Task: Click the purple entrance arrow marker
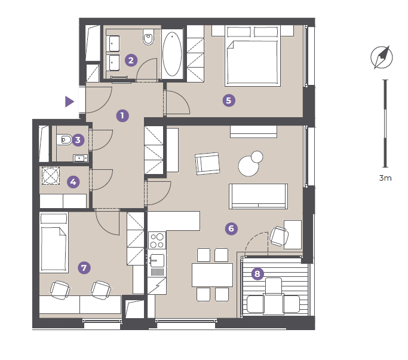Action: click(x=69, y=102)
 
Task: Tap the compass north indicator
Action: click(x=382, y=57)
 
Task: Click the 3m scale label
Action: click(x=385, y=178)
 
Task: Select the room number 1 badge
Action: click(x=122, y=115)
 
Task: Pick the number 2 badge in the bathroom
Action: click(x=131, y=60)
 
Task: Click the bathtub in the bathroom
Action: click(x=172, y=54)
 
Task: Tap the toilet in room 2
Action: click(x=148, y=37)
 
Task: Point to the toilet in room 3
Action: click(x=64, y=140)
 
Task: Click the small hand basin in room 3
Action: click(x=81, y=158)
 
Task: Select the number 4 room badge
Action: click(x=73, y=182)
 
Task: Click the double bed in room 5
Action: click(x=253, y=56)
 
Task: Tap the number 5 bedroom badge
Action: click(x=229, y=100)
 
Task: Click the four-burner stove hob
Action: click(x=157, y=240)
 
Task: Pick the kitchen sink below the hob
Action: click(x=157, y=261)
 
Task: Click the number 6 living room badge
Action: click(x=231, y=228)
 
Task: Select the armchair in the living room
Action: click(x=207, y=164)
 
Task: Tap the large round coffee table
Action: click(x=249, y=166)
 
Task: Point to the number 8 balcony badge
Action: click(x=257, y=274)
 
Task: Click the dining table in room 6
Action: click(x=212, y=275)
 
